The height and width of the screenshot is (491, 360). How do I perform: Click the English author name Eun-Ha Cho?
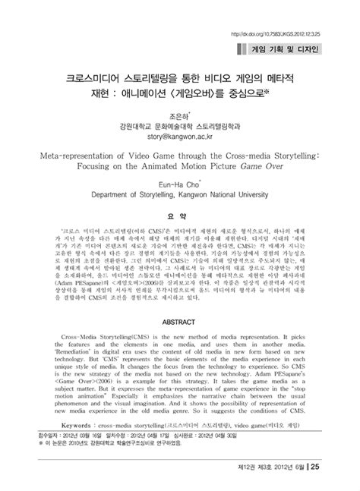click(181, 184)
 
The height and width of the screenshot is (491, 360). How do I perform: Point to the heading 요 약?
click(181, 215)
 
